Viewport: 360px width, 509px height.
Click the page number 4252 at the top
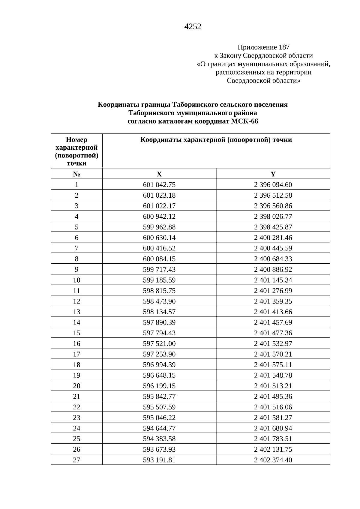click(x=193, y=27)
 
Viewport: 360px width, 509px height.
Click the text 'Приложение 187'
click(x=263, y=47)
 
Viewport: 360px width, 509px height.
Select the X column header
click(x=159, y=174)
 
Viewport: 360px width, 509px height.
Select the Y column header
click(x=273, y=174)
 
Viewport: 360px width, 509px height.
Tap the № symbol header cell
click(x=76, y=174)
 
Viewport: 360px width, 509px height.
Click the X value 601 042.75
click(x=159, y=185)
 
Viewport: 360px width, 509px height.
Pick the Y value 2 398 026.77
click(x=273, y=217)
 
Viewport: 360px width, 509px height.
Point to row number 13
click(x=76, y=312)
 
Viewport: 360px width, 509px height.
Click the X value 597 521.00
click(x=159, y=344)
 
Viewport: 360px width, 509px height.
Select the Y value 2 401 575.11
click(x=273, y=365)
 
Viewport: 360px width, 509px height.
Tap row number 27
click(x=76, y=460)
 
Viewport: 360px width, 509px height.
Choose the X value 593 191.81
click(x=159, y=460)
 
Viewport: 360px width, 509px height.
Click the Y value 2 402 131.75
click(x=273, y=450)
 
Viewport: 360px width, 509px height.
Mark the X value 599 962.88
click(x=159, y=227)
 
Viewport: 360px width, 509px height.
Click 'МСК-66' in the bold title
click(x=244, y=121)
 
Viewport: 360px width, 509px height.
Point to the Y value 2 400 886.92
click(x=273, y=270)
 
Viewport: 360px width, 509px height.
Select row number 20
click(x=76, y=386)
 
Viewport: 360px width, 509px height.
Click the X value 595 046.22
click(x=159, y=418)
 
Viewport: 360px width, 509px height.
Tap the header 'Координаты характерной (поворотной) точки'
click(x=216, y=140)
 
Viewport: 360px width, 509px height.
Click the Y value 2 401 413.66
click(x=273, y=312)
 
